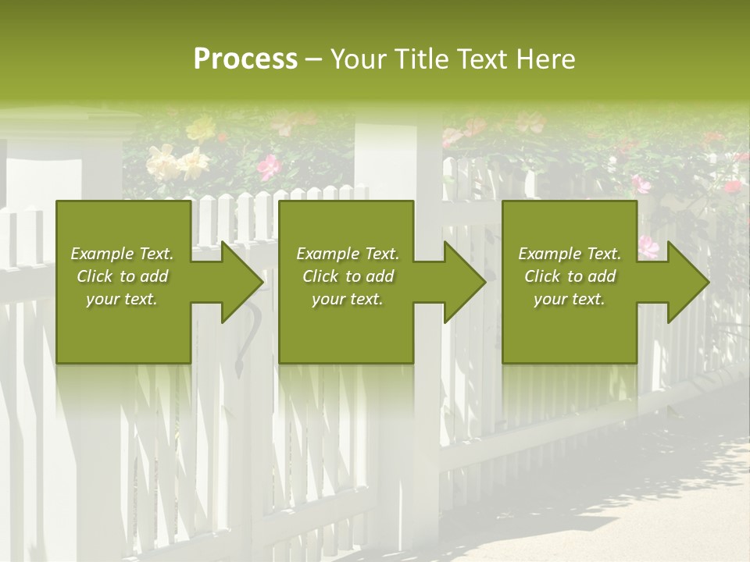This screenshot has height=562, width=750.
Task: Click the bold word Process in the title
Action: coord(245,59)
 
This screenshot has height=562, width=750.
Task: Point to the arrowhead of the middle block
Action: coord(462,282)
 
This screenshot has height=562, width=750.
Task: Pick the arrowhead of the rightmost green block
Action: coord(686,282)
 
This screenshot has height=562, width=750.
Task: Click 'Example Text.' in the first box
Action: coord(123,254)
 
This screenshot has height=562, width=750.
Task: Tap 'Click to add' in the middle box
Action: coord(348,276)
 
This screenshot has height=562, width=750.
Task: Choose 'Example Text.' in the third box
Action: coord(570,254)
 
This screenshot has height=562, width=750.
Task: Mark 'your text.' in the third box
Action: coord(570,299)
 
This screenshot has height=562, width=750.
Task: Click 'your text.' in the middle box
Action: coord(348,299)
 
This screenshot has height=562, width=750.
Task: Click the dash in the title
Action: coord(314,60)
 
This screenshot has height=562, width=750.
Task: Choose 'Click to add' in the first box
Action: coord(123,276)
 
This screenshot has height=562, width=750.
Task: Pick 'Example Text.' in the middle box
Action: coord(348,254)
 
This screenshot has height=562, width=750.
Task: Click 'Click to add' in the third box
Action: coord(570,276)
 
